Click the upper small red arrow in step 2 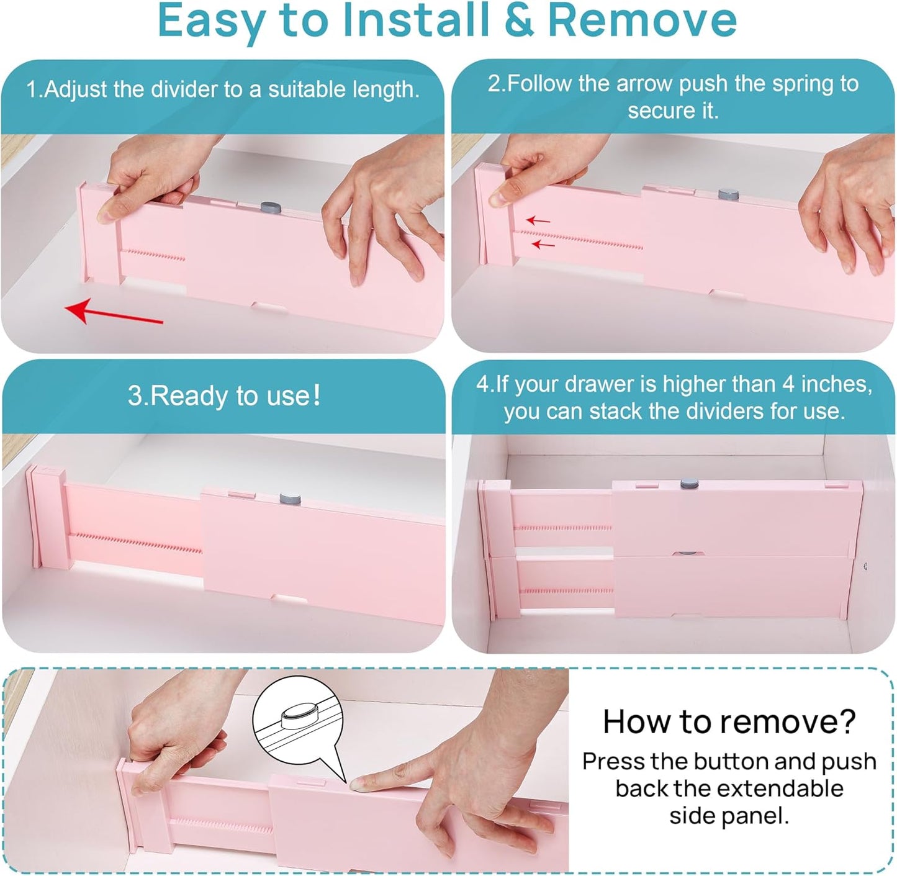click(x=538, y=220)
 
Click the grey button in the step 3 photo click(x=290, y=499)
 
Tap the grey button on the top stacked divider click(x=689, y=484)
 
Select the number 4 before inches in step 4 click(x=788, y=384)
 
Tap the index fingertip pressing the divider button click(x=358, y=785)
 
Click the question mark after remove click(x=845, y=721)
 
